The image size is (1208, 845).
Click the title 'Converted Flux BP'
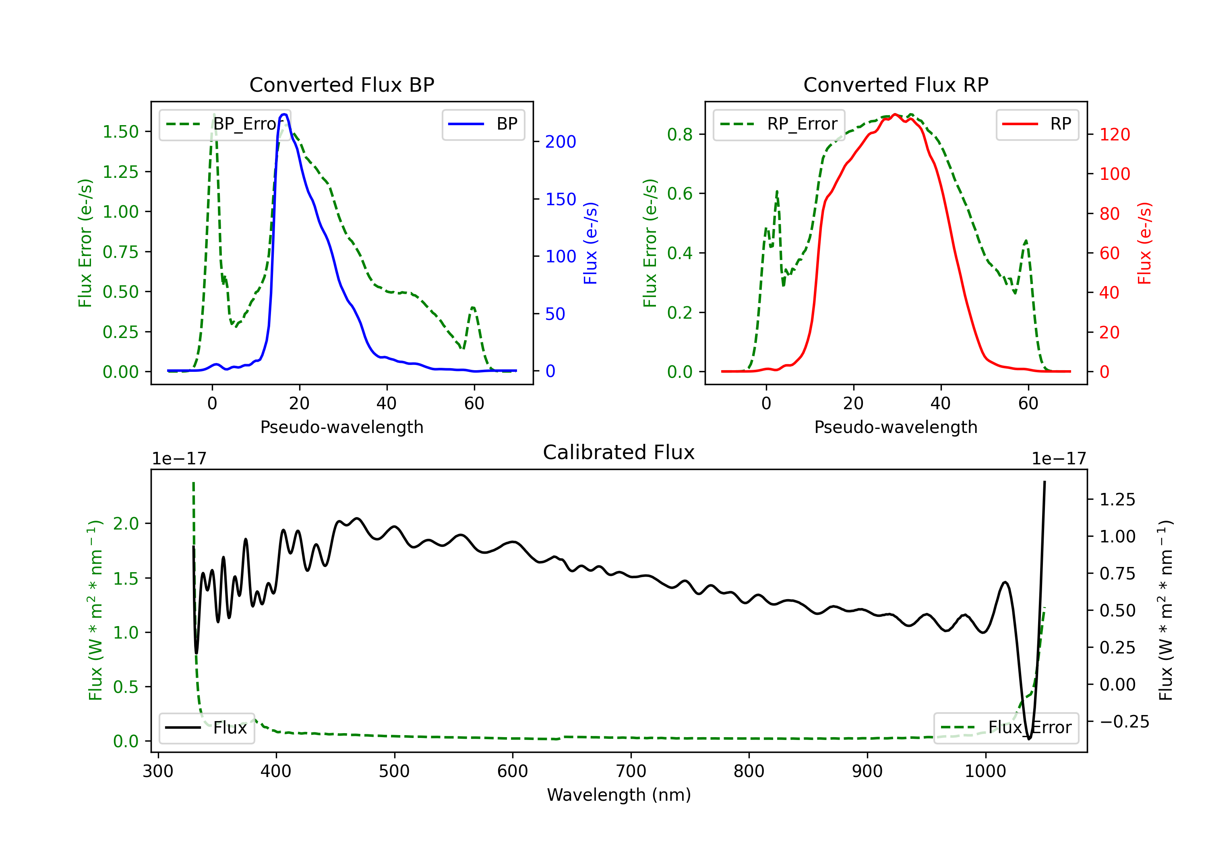click(341, 84)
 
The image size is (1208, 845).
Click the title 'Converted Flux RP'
click(896, 84)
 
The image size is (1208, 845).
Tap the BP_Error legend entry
click(225, 124)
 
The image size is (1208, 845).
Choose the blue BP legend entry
click(483, 124)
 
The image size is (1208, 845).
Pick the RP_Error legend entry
click(779, 124)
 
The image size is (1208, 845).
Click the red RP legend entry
click(1036, 124)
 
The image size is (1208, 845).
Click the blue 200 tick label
click(561, 142)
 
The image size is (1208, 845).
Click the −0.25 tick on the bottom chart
click(1124, 721)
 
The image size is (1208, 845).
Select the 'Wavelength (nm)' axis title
click(619, 795)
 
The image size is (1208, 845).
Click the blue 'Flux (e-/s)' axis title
click(590, 243)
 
